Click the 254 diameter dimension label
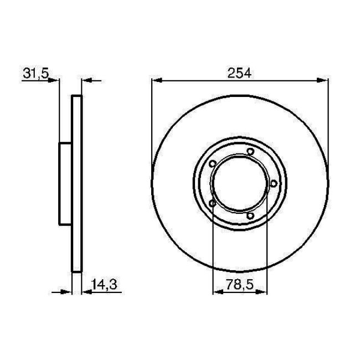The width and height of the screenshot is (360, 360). pos(239,72)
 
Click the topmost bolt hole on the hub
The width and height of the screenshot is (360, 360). pos(250,152)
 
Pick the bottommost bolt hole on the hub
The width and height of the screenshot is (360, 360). pos(250,215)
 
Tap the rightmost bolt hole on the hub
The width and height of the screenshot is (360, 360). pos(273,183)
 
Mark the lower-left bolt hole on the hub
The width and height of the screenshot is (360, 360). pos(213,203)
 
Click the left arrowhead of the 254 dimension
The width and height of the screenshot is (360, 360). pos(156,81)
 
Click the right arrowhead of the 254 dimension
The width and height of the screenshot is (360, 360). pos(325,81)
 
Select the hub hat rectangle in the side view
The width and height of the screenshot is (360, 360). pos(65,183)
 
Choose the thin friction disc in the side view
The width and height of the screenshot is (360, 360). pos(78,183)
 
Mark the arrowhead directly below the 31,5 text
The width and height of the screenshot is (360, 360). pos(54,81)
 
